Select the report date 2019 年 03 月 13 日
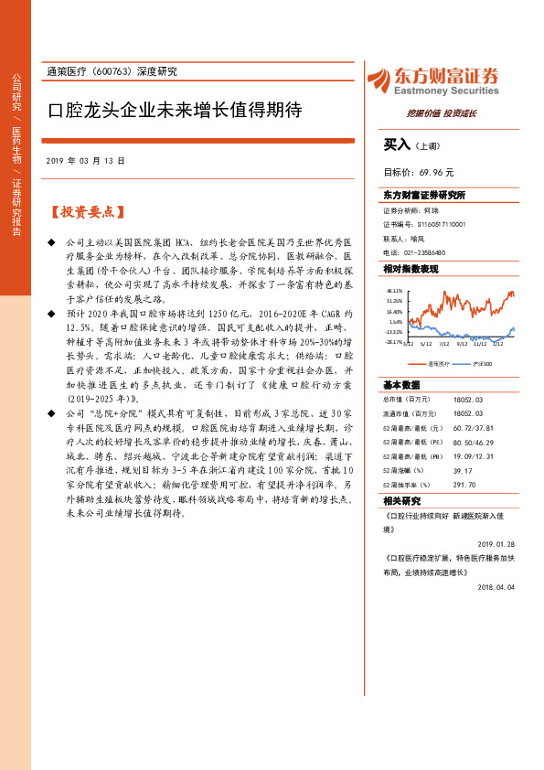click(85, 161)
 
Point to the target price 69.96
click(435, 171)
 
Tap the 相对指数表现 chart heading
click(411, 269)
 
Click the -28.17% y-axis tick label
click(394, 342)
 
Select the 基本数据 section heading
click(402, 385)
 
